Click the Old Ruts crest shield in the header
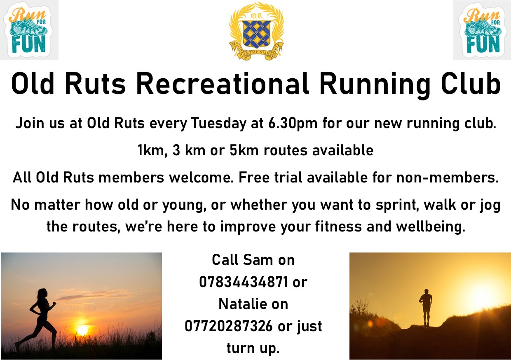(x=257, y=34)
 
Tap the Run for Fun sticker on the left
(x=29, y=30)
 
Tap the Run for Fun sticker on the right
(x=482, y=30)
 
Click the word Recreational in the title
(x=223, y=84)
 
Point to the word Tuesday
(x=219, y=124)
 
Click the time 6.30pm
(x=293, y=124)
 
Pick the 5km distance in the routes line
(x=244, y=150)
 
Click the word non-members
(x=448, y=178)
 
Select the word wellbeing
(x=431, y=227)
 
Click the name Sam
(x=258, y=260)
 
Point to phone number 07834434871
(x=244, y=282)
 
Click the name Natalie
(x=242, y=304)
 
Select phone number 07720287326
(x=229, y=326)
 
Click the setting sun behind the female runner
(x=82, y=330)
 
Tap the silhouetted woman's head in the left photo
(x=43, y=294)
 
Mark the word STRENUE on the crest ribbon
(x=258, y=53)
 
